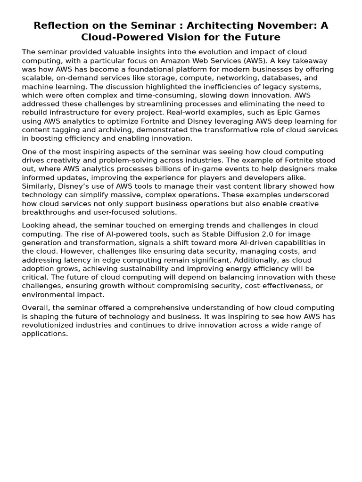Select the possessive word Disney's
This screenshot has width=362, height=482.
(x=76, y=186)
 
